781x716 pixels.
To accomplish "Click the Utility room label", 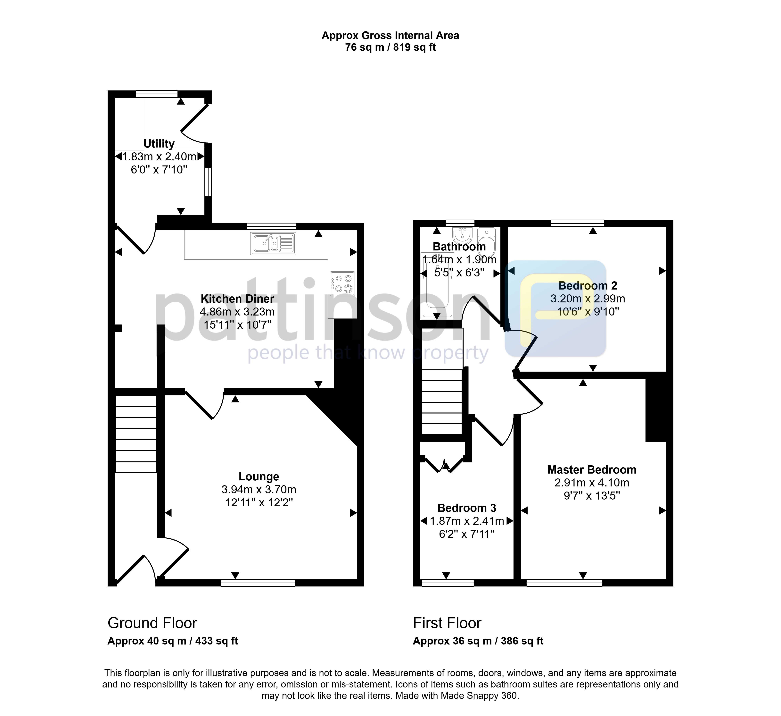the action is [x=159, y=144].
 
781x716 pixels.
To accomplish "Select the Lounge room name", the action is [x=259, y=476].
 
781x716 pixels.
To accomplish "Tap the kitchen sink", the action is [x=273, y=243].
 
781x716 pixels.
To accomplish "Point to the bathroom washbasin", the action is [x=462, y=235].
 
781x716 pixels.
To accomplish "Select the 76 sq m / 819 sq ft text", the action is [x=390, y=47].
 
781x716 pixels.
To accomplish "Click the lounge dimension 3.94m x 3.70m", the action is [x=259, y=490].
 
